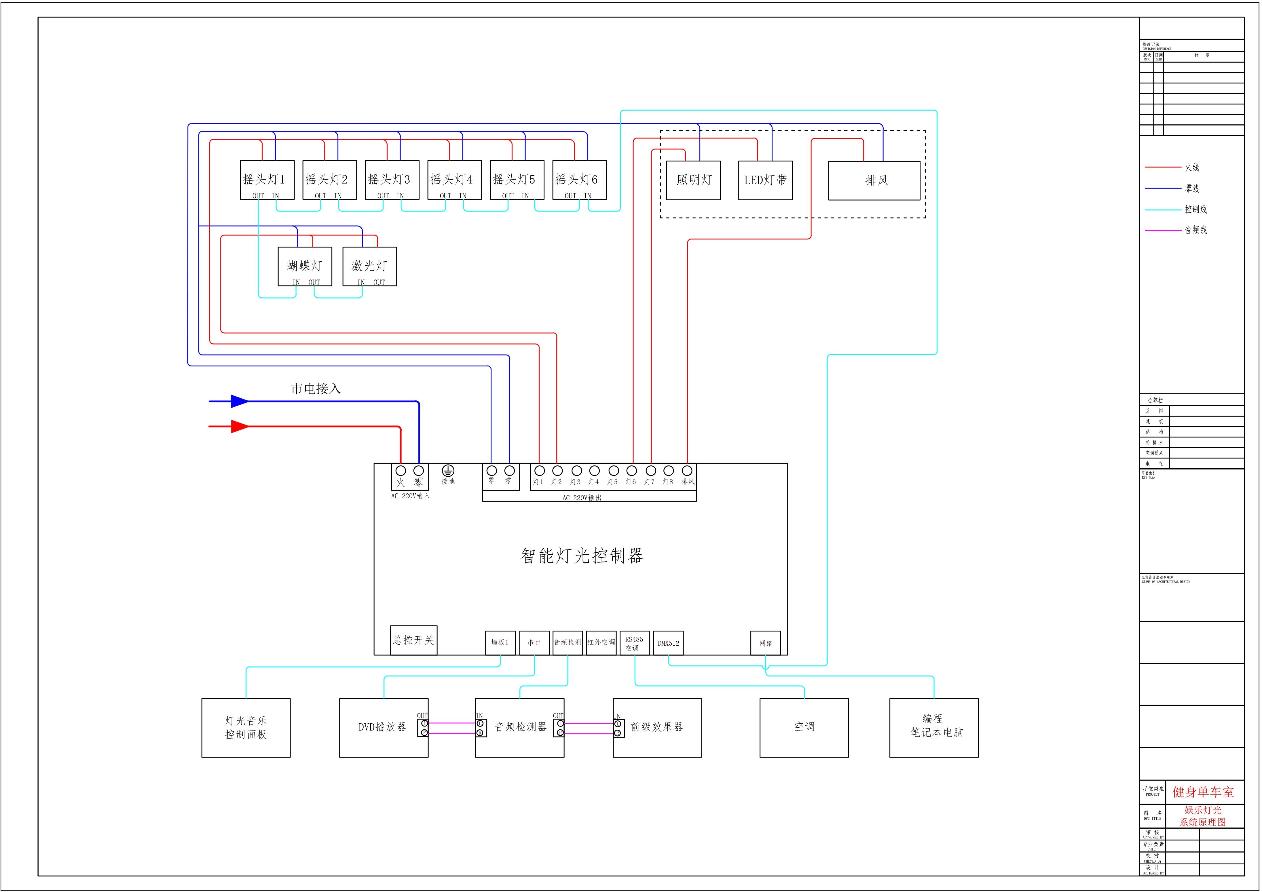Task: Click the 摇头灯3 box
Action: point(392,180)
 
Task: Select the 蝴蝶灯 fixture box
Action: point(305,266)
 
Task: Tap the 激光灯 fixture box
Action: point(369,266)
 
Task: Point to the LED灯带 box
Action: point(765,180)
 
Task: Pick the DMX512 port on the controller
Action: point(668,643)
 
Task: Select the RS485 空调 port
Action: point(634,643)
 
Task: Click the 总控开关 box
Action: point(413,640)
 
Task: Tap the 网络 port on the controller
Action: point(766,643)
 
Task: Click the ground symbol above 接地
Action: point(448,471)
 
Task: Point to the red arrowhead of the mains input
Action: point(239,427)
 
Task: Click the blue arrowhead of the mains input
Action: point(239,401)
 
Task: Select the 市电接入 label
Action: point(316,389)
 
